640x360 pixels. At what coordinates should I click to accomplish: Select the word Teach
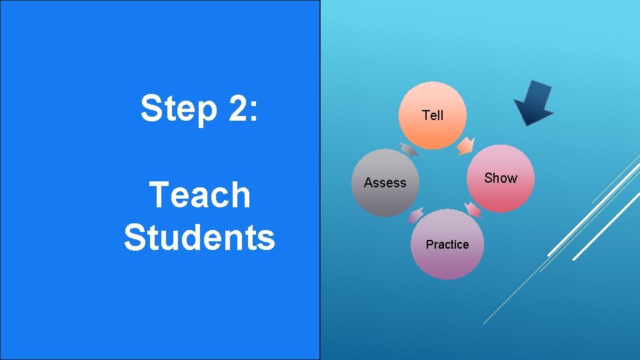(x=200, y=195)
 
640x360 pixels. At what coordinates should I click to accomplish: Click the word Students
(x=199, y=237)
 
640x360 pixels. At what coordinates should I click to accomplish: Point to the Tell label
(x=433, y=115)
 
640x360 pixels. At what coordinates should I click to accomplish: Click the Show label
(x=500, y=178)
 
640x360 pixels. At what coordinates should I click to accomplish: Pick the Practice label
(x=447, y=245)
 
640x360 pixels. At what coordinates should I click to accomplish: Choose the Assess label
(x=385, y=183)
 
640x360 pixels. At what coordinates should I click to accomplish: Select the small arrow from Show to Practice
(x=473, y=210)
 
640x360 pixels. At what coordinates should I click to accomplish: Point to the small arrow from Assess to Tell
(x=407, y=149)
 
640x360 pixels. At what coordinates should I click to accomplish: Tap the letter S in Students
(x=135, y=237)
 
